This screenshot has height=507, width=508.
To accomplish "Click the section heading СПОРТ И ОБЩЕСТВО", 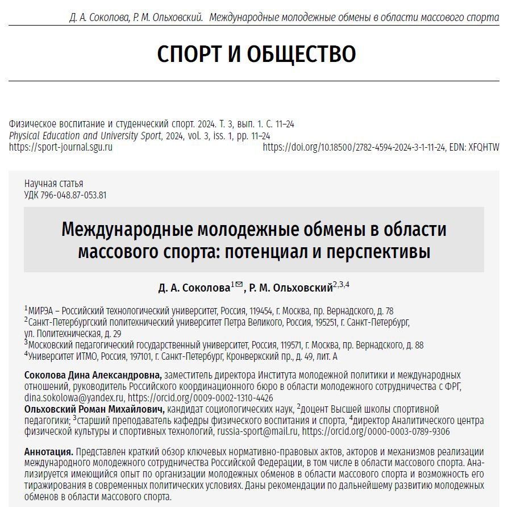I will pyautogui.click(x=256, y=54).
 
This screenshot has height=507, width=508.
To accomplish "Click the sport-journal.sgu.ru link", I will pyautogui.click(x=61, y=147).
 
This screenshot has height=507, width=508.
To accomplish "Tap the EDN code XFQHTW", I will pyautogui.click(x=482, y=147).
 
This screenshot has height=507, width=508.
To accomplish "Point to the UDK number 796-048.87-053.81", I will pyautogui.click(x=73, y=195).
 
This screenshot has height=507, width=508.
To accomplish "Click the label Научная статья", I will pyautogui.click(x=53, y=184).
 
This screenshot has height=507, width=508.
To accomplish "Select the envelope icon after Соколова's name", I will pyautogui.click(x=239, y=285).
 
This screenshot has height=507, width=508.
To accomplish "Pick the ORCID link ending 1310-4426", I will pyautogui.click(x=200, y=398).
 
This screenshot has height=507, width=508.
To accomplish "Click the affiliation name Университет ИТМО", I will pyautogui.click(x=56, y=357).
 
